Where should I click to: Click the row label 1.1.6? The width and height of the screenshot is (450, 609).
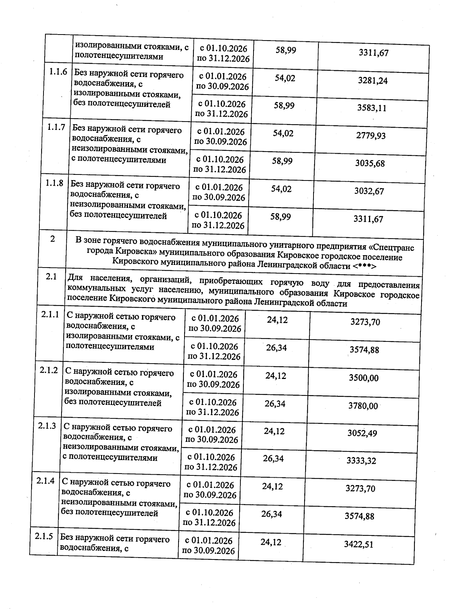coord(58,72)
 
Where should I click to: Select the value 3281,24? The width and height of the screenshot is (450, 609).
coord(373,81)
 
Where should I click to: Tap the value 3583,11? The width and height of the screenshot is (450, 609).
coord(372,108)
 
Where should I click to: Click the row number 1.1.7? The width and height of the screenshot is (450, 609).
coord(56,128)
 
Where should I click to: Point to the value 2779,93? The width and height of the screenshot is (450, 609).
coord(370,136)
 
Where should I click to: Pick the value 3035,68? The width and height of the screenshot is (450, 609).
coord(369,164)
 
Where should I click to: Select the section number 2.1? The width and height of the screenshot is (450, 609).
coord(51,277)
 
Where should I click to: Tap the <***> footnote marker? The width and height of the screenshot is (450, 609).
coord(364,266)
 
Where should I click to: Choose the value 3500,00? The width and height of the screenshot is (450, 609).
coord(363,378)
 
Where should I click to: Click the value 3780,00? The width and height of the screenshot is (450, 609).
coord(363,406)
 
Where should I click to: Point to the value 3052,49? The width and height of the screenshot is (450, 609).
coord(362,433)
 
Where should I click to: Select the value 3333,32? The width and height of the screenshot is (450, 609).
coord(361,461)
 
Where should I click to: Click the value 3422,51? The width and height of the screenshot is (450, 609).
coord(358,544)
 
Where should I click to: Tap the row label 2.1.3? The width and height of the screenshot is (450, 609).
coord(47,426)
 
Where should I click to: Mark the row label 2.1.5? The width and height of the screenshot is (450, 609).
coord(44,537)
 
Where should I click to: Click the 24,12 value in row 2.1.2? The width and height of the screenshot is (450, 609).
coord(276,376)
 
